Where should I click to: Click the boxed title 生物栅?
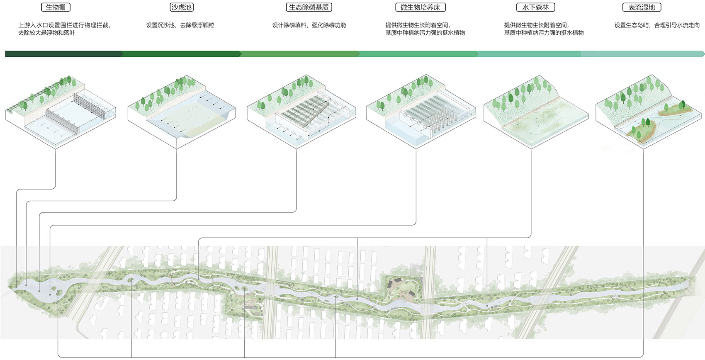coord(56,7)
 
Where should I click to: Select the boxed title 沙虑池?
coord(182,7)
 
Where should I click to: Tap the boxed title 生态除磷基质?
coord(309,7)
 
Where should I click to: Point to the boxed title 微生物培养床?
coord(420,7)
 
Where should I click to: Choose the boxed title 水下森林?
coord(535,7)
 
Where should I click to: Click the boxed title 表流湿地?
coord(642,7)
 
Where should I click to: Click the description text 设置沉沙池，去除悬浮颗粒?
coord(180,25)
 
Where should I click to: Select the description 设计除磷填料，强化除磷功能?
coord(309,25)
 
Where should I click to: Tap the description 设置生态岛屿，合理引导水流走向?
coord(657,25)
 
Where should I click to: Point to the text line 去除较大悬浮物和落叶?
coord(46,33)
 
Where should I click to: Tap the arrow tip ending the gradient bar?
coord(703,54)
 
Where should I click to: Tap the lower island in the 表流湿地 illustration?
coord(641,129)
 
